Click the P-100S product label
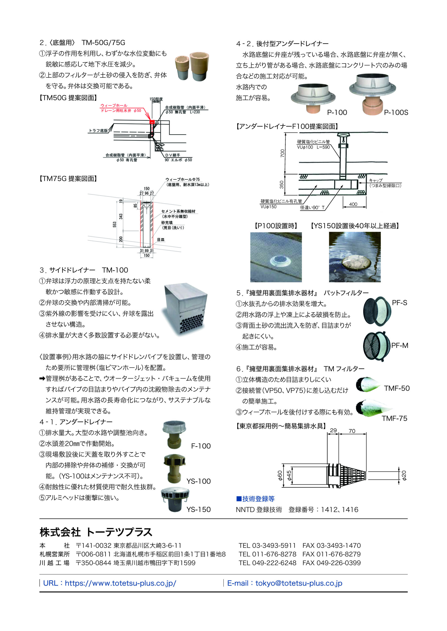pyautogui.click(x=396, y=113)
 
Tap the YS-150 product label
pyautogui.click(x=198, y=510)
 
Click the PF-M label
pyautogui.click(x=400, y=346)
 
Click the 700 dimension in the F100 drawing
pyautogui.click(x=282, y=153)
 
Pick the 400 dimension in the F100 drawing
pyautogui.click(x=353, y=204)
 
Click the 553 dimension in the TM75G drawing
pyautogui.click(x=114, y=225)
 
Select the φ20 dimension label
pyautogui.click(x=404, y=475)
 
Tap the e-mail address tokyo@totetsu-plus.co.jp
pyautogui.click(x=299, y=583)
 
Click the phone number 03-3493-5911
pyautogui.click(x=274, y=545)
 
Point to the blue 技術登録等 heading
pyautogui.click(x=255, y=499)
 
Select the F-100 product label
pyautogui.click(x=201, y=446)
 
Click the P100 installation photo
pyautogui.click(x=276, y=257)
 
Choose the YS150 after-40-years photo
pyautogui.click(x=355, y=257)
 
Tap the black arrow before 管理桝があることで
pyautogui.click(x=42, y=379)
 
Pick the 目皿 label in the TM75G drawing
pyautogui.click(x=161, y=240)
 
